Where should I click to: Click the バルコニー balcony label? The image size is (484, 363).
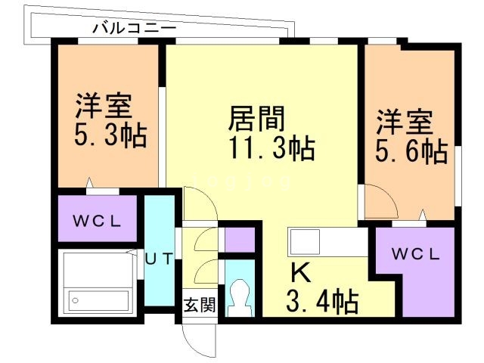coord(134,28)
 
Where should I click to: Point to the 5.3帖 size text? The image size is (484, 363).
coord(109,138)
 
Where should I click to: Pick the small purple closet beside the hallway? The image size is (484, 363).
coord(240,238)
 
